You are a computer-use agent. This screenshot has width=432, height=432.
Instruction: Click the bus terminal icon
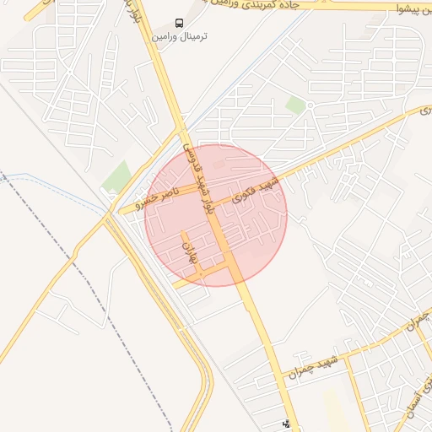point(179,23)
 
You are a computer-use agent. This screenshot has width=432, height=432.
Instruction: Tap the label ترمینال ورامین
point(179,37)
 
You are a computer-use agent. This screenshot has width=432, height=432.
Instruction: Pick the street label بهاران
point(190,250)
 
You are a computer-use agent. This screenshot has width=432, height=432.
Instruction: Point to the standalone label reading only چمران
point(417,322)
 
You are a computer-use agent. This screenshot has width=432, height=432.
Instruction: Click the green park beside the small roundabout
point(295,104)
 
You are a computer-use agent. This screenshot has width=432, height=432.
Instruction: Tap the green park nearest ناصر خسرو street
point(117,175)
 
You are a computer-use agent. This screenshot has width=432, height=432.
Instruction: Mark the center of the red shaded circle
point(216,215)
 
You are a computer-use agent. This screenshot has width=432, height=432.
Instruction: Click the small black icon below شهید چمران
point(286,424)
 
